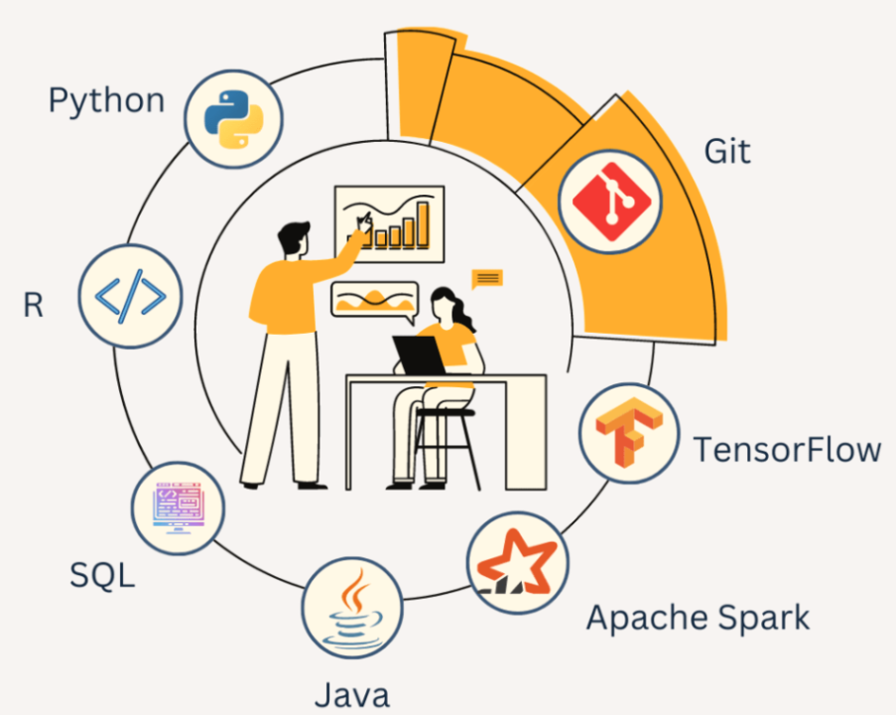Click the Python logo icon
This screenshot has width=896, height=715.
point(236,119)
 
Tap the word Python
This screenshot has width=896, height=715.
point(106,100)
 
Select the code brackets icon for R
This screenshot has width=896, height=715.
point(130,295)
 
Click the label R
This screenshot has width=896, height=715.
point(34,305)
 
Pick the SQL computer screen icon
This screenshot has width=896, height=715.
point(179,506)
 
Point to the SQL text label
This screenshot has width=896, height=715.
point(102,574)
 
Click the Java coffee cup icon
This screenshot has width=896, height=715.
point(352,606)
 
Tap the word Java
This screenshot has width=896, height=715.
point(351,694)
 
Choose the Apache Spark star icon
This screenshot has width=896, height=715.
point(517,564)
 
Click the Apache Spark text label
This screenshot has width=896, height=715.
point(698,618)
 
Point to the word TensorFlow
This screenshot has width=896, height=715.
point(787,449)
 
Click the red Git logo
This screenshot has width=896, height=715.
point(610,202)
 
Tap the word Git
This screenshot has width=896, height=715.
point(727,152)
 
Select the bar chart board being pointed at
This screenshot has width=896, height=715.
point(389,223)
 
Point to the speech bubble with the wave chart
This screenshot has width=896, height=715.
point(373,300)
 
